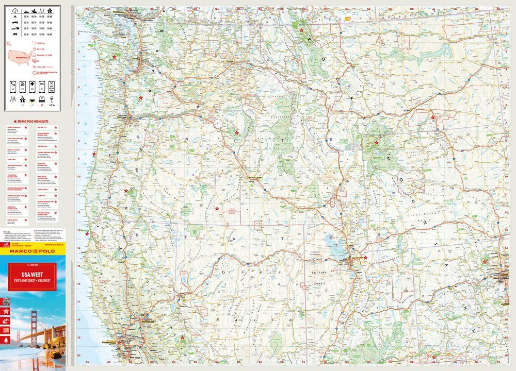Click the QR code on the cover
tap(7, 301)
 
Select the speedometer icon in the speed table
tap(13, 10)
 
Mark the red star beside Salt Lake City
tap(365, 257)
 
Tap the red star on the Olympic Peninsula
tap(114, 57)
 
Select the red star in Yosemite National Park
tap(182, 338)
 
